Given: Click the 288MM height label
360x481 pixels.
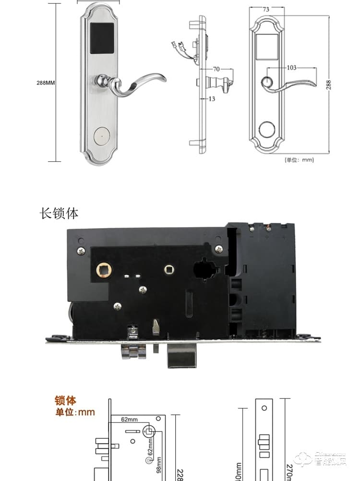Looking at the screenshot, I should point(46,83).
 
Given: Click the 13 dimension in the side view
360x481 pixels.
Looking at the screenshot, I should point(212,99).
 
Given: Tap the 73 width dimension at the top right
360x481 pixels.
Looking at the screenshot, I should point(266,9).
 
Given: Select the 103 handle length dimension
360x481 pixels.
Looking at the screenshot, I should point(291,68).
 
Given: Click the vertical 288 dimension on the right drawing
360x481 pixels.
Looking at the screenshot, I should point(328,84).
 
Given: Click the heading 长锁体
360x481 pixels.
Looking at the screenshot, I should point(59,213).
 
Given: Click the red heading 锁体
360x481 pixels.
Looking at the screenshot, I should point(66,401).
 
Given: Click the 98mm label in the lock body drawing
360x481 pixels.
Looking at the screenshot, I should point(158,465).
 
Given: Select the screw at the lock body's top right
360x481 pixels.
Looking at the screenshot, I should point(219,249).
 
